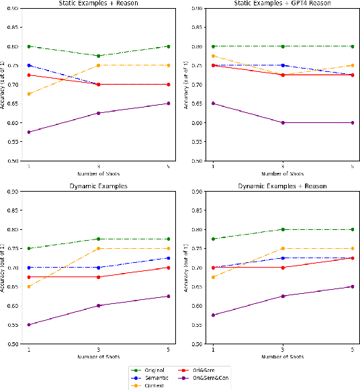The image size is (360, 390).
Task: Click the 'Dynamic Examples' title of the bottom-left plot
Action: point(98,186)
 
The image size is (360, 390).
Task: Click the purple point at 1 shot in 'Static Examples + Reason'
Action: point(28,132)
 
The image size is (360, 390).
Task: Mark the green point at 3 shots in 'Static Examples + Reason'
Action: point(98,56)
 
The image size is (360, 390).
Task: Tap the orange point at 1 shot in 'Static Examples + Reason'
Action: point(28,94)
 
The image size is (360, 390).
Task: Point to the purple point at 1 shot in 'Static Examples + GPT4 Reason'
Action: point(213,104)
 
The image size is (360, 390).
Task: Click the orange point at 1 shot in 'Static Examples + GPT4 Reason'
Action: point(213,56)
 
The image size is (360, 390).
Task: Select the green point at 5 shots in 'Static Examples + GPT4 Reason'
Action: point(353,46)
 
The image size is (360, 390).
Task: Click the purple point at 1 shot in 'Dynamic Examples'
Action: point(28,325)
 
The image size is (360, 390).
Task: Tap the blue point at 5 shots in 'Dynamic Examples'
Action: point(168,258)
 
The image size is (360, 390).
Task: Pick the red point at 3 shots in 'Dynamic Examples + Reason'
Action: point(283,268)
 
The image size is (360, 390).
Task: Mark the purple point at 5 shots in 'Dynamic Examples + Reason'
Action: point(353,286)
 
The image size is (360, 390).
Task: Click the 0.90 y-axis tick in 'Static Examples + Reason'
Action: point(13,8)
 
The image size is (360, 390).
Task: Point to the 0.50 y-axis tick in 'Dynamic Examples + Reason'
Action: point(197,344)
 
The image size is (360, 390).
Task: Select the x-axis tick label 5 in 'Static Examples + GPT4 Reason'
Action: point(353,166)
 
